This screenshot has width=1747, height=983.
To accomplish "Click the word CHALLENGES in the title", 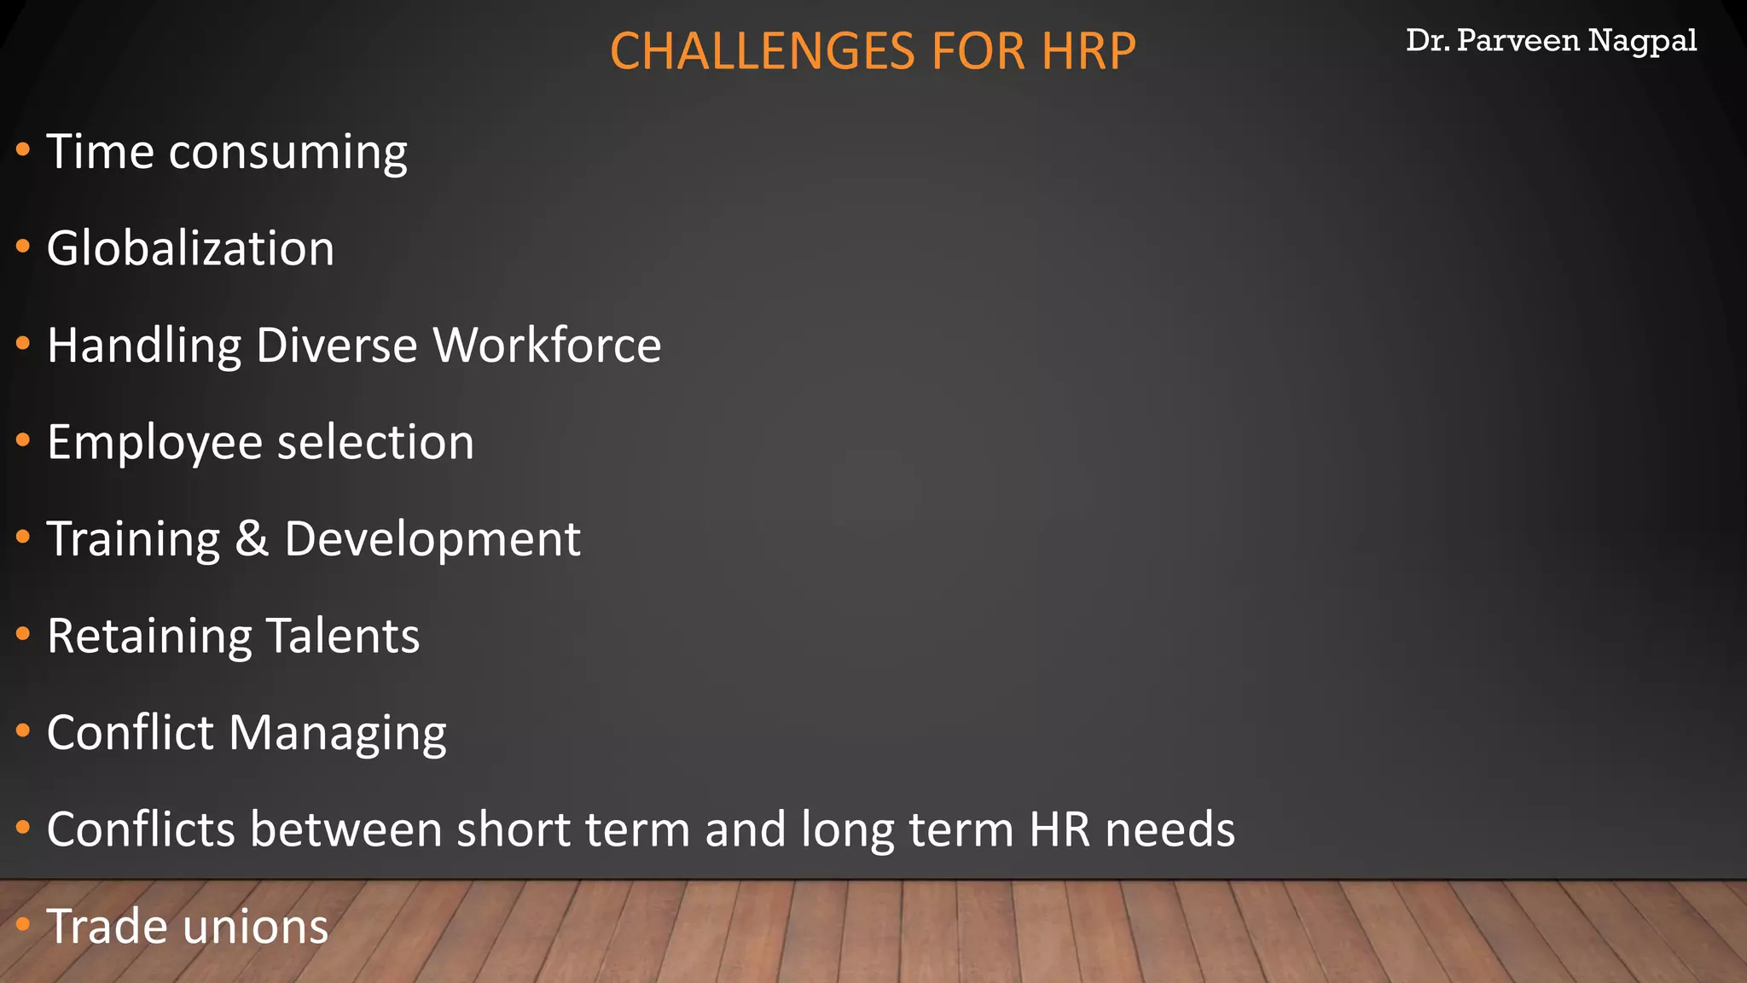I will pos(763,51).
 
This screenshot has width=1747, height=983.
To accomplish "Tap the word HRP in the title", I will pos(1088,51).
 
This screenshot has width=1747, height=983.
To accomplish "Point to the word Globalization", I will pos(190,248).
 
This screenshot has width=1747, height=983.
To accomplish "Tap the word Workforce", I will pos(547,346).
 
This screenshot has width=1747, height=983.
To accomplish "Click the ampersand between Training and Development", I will pos(252,539).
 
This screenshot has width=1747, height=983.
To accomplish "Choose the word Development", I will pos(432,539).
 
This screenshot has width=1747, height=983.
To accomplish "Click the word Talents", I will pos(343,636).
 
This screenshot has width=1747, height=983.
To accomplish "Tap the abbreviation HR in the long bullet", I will pos(1060,829).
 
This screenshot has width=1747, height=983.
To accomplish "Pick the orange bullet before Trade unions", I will pos(23,924).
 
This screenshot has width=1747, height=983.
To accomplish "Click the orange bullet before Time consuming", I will pos(23,150).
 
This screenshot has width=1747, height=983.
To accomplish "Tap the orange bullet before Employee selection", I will pos(23,440).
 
